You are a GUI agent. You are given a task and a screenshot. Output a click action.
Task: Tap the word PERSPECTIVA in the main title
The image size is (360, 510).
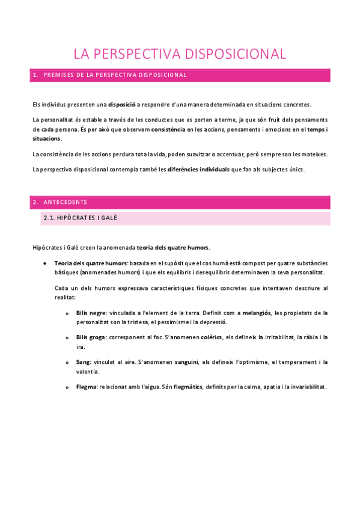click(137, 54)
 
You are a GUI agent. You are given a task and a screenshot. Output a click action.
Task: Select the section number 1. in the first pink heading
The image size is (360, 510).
click(35, 75)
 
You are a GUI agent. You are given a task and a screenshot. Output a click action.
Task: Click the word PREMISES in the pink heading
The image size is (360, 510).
click(59, 75)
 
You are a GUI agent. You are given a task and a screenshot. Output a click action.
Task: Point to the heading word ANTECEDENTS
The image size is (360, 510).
click(66, 202)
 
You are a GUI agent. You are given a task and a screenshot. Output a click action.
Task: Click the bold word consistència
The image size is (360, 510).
click(168, 129)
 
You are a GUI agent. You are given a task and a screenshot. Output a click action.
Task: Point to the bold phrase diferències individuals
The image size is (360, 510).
click(198, 169)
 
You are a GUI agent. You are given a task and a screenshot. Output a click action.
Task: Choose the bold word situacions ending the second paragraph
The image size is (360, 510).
click(47, 138)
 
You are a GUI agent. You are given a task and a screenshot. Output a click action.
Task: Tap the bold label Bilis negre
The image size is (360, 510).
click(91, 313)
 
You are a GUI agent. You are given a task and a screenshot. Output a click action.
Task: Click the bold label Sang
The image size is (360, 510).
click(84, 362)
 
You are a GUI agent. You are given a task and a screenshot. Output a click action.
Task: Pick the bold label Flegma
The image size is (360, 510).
click(87, 387)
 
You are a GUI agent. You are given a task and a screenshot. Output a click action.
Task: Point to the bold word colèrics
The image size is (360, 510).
click(210, 337)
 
